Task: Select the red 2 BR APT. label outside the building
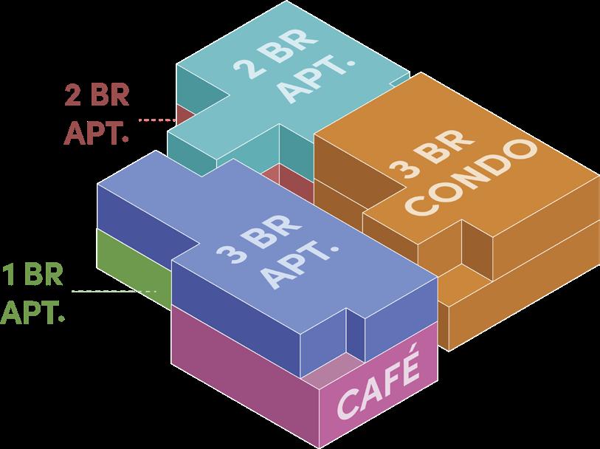(97, 115)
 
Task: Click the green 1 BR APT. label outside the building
(32, 292)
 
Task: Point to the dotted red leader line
(154, 119)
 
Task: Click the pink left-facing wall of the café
(244, 377)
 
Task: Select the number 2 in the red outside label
(74, 96)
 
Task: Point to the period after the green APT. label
(61, 319)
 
